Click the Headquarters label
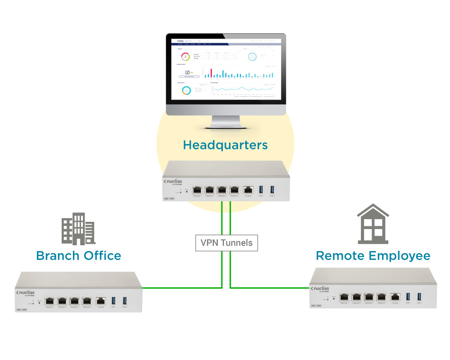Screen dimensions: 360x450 pos(225,145)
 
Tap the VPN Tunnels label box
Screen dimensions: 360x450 pos(227,243)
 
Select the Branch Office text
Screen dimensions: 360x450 pos(79,256)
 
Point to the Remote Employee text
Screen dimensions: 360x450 pos(373,256)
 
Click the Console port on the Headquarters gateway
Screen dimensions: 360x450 pos(248,190)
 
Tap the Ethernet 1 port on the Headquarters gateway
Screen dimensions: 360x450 pos(197,190)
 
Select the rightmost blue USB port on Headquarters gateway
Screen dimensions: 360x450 pos(272,190)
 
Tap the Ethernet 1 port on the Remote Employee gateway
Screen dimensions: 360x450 pos(345,297)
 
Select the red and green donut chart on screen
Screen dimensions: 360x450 pos(185,57)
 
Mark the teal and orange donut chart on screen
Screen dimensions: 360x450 pos(186,90)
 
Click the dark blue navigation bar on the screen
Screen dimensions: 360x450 pos(225,45)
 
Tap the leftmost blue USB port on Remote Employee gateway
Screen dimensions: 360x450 pos(408,297)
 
